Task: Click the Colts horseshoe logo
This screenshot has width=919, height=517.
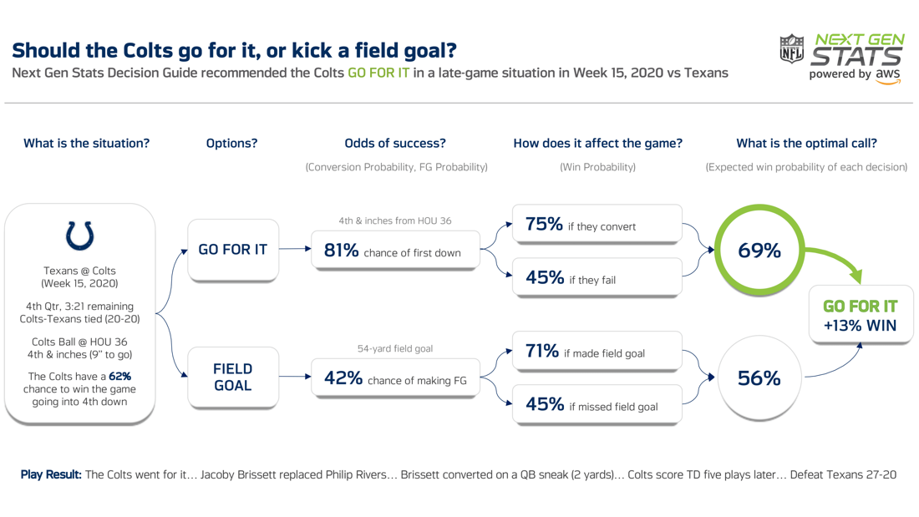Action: (x=80, y=236)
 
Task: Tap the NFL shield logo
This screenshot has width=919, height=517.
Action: (x=791, y=50)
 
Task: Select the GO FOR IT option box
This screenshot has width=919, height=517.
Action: (x=232, y=249)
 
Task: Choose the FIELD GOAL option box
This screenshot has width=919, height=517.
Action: (x=232, y=377)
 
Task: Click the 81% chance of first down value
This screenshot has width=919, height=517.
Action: (x=341, y=251)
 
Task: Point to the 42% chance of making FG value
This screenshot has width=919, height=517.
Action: (x=343, y=378)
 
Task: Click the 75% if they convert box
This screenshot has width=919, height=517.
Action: (x=597, y=225)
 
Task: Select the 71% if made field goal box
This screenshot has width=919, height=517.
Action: (x=597, y=352)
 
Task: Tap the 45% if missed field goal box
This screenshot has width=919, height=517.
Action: (x=597, y=405)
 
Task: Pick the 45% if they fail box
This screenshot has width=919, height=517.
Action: (x=597, y=278)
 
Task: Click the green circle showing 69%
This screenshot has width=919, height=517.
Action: (x=759, y=250)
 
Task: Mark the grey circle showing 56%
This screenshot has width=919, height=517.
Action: (x=759, y=378)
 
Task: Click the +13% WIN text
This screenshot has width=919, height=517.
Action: (x=860, y=326)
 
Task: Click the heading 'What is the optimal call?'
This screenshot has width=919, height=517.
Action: (x=806, y=143)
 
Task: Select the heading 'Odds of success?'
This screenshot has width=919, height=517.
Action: (x=395, y=143)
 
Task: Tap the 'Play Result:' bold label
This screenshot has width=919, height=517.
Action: (x=51, y=474)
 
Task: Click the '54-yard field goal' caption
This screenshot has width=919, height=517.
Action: (x=395, y=348)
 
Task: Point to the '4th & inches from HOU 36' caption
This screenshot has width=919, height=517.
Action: (x=395, y=220)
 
